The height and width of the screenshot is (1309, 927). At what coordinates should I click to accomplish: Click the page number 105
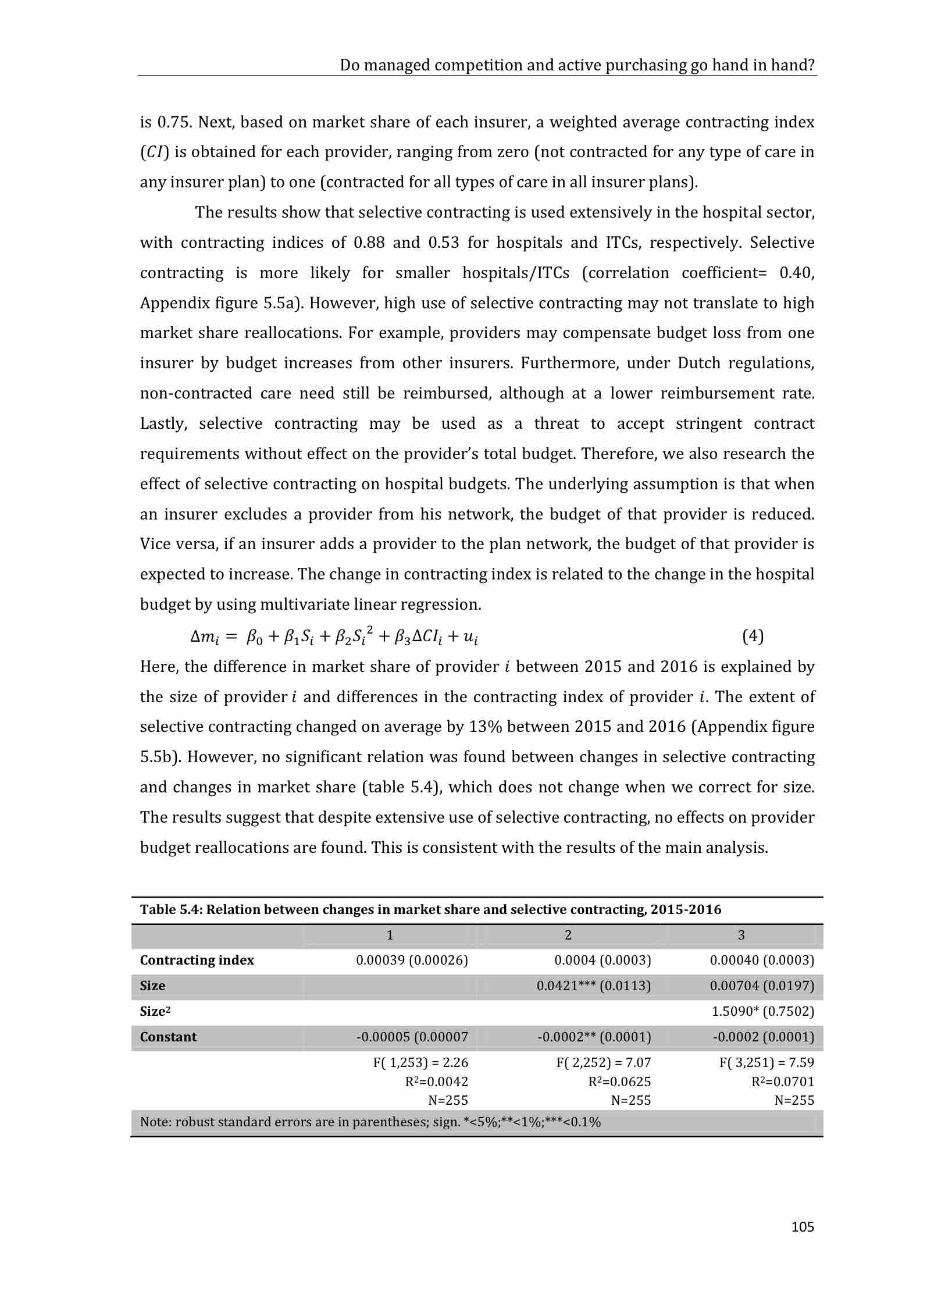tap(803, 1227)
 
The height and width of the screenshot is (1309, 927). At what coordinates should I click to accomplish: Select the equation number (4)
tap(753, 636)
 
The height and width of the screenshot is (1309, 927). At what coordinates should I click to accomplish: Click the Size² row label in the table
tap(155, 1011)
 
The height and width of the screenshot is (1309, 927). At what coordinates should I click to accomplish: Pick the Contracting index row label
tap(197, 960)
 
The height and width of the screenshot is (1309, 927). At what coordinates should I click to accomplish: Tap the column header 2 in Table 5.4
tap(568, 935)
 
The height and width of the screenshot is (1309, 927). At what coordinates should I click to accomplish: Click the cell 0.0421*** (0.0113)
tap(594, 986)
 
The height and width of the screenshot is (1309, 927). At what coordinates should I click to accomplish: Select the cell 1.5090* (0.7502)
tap(763, 1011)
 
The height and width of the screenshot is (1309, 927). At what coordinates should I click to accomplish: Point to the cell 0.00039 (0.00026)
tap(412, 960)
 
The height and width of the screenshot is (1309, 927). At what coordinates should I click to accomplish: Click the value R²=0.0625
tap(619, 1082)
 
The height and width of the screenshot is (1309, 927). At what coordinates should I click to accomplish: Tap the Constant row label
tap(168, 1037)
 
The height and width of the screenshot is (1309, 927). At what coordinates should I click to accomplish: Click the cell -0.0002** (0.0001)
tap(594, 1037)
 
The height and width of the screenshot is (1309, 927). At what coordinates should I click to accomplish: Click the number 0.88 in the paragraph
tap(369, 243)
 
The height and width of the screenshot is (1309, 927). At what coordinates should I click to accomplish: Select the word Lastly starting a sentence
tap(163, 424)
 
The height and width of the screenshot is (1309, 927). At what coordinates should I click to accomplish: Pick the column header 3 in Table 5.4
tap(741, 935)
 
